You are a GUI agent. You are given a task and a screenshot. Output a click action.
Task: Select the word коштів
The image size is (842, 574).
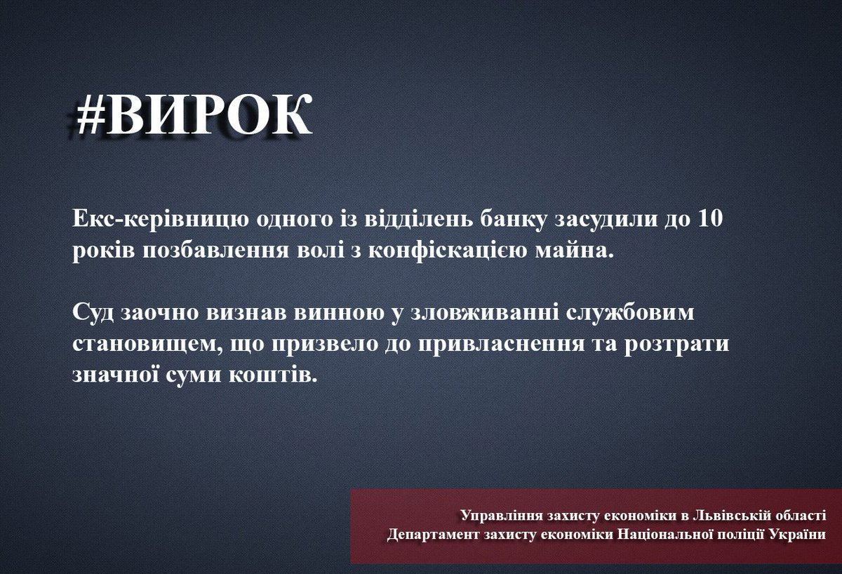(276, 375)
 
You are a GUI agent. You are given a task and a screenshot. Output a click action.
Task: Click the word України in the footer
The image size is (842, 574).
(798, 535)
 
